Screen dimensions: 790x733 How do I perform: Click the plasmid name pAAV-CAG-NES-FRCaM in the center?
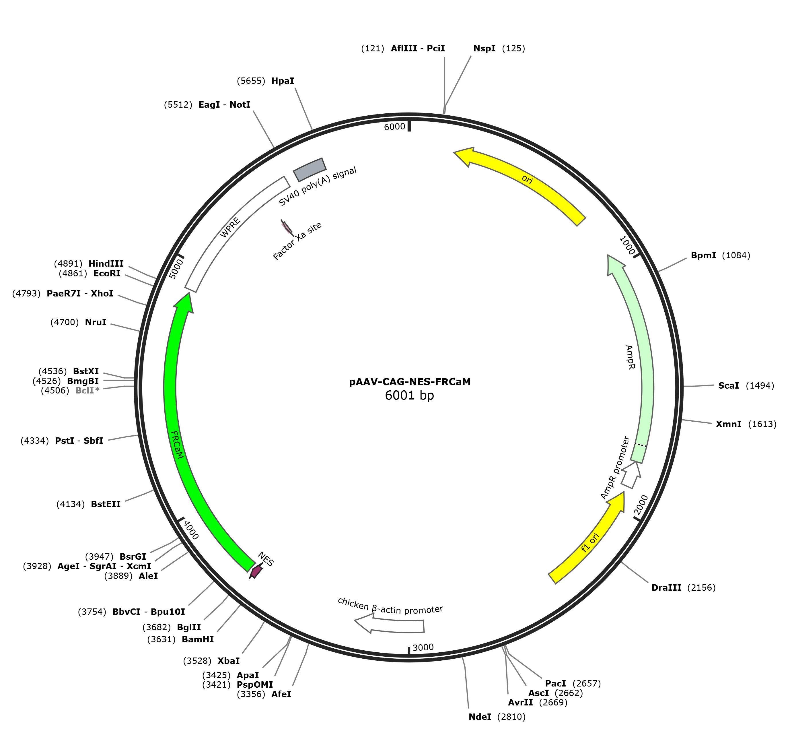(409, 382)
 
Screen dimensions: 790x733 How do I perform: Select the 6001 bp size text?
(409, 396)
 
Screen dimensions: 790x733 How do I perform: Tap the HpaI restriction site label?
(283, 81)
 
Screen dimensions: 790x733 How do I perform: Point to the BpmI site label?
(703, 255)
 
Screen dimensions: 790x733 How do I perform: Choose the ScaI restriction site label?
(729, 385)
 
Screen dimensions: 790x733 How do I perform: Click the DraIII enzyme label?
(666, 588)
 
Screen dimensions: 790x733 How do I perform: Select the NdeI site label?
(480, 717)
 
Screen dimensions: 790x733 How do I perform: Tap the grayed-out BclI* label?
(87, 391)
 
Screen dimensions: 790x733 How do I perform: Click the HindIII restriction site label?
(106, 264)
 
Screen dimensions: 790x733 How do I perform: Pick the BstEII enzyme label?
(106, 504)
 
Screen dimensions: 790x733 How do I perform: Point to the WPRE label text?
(230, 227)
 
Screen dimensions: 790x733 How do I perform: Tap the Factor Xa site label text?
(297, 241)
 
